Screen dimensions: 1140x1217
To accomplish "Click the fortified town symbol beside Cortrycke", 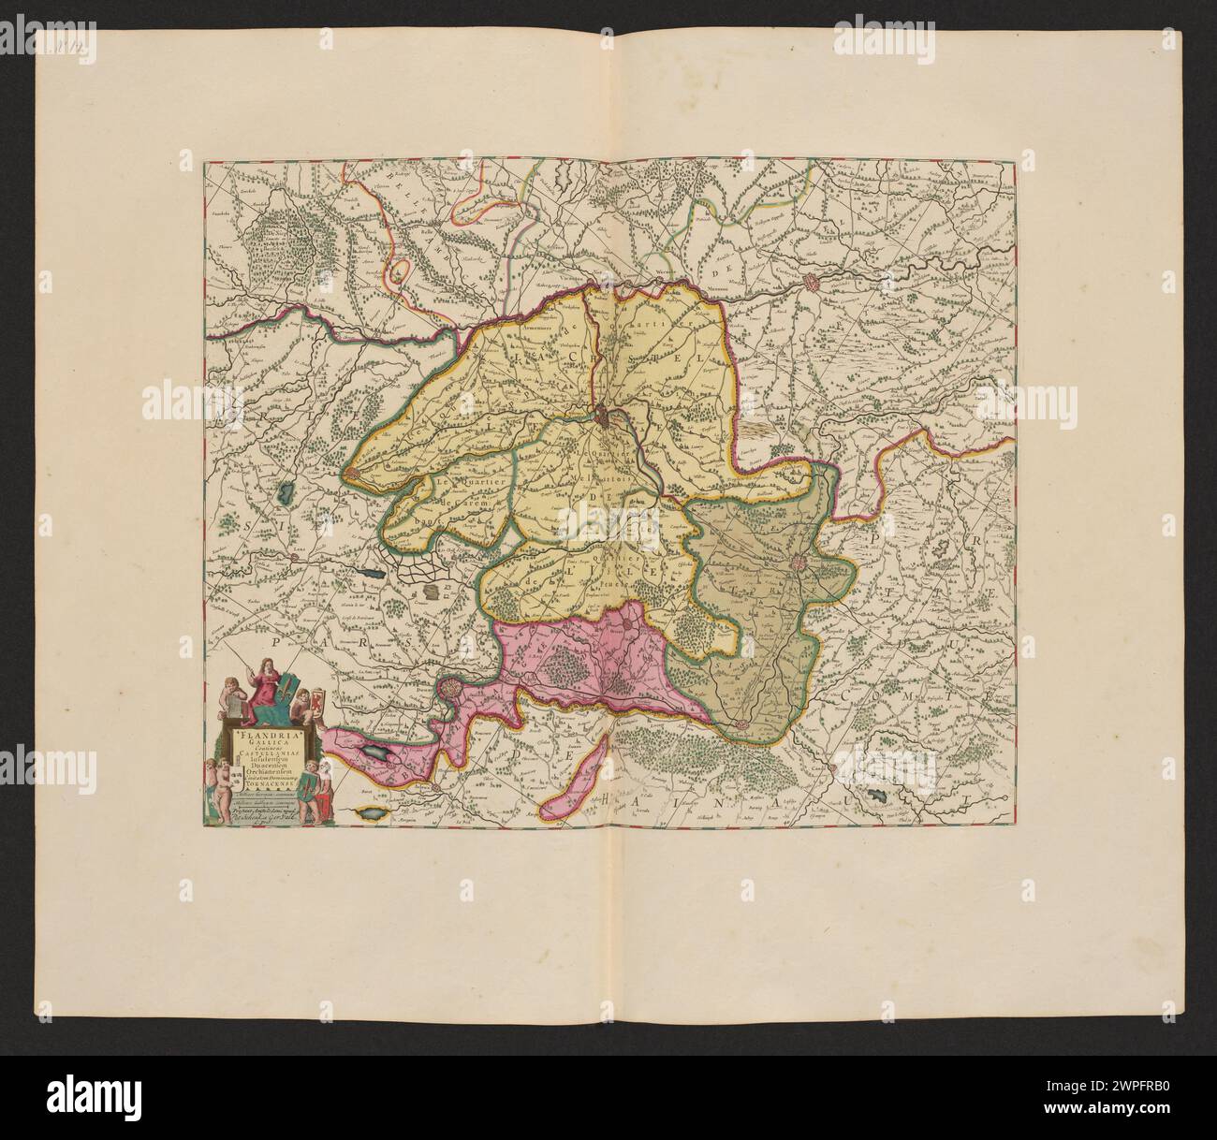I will coord(817,279).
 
